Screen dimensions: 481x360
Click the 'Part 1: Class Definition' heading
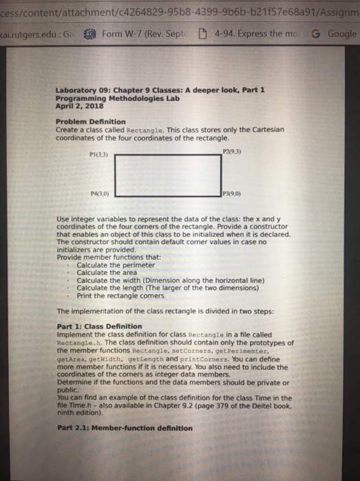click(x=99, y=326)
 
